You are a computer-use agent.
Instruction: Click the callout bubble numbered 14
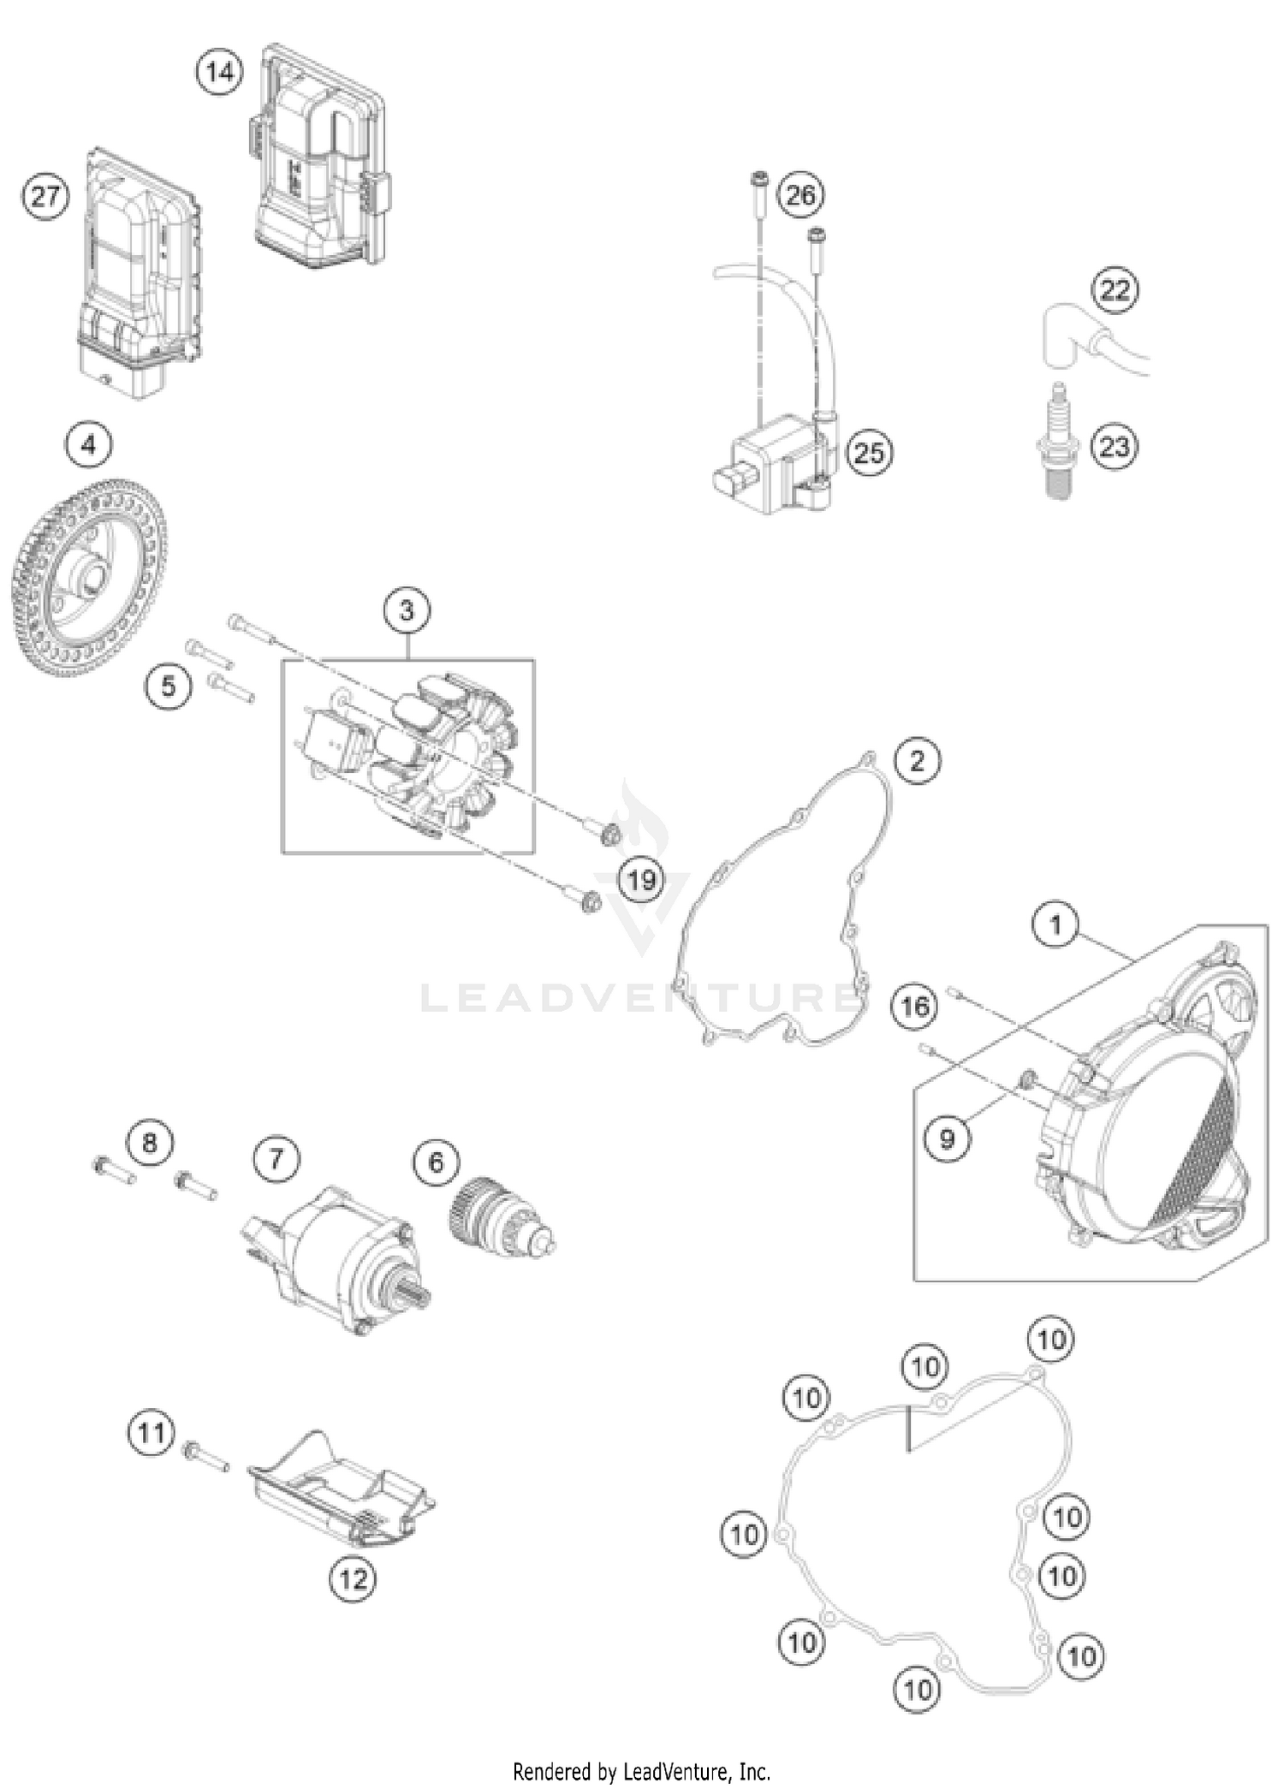point(219,72)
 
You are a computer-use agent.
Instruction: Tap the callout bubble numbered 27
point(45,197)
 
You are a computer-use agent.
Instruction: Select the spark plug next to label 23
point(1059,443)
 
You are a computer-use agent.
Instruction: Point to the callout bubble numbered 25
point(869,452)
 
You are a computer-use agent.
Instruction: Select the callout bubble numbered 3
point(407,610)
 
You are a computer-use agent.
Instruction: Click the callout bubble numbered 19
point(641,879)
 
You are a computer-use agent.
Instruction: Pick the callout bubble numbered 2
point(917,760)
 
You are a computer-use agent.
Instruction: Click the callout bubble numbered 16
point(914,1006)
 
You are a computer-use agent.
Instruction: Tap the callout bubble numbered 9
point(947,1138)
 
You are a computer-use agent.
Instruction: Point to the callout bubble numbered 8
point(150,1143)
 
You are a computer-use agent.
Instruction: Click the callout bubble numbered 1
point(1055,924)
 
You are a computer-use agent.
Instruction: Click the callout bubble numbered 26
point(800,195)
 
